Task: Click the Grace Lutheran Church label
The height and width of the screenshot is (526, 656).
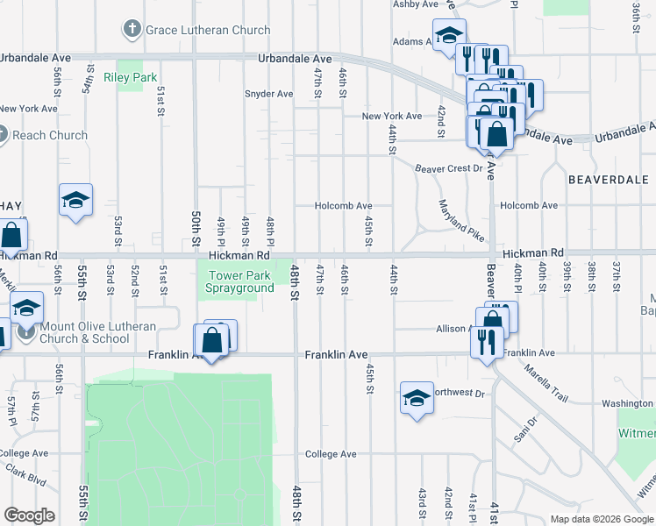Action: (x=208, y=30)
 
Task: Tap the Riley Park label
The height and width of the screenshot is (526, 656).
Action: (x=130, y=77)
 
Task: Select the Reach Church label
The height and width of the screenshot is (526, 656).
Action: (x=50, y=135)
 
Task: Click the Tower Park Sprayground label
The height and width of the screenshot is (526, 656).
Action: (x=239, y=281)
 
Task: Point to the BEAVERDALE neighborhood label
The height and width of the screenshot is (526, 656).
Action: (x=608, y=179)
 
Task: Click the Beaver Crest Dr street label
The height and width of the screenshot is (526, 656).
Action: (x=449, y=167)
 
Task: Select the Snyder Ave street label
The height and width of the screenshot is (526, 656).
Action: (x=268, y=94)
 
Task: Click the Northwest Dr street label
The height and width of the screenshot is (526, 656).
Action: (x=460, y=394)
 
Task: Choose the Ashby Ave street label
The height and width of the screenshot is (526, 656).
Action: (x=415, y=4)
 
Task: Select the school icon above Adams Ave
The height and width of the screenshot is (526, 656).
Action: (x=449, y=35)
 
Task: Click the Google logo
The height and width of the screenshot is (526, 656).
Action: (x=29, y=515)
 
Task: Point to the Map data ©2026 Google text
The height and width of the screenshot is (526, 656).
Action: (x=602, y=519)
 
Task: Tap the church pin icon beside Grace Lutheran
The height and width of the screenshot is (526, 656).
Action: (x=132, y=30)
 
